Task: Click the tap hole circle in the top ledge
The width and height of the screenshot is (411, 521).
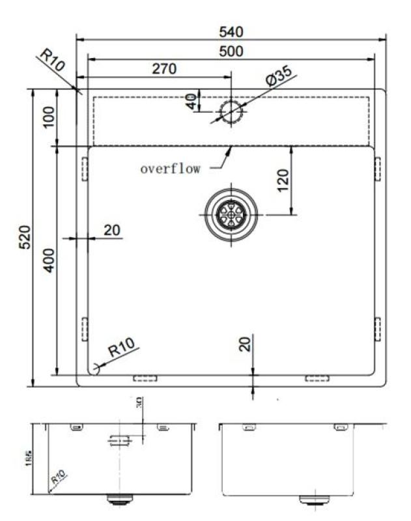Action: click(x=231, y=112)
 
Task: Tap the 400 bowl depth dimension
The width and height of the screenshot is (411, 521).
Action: click(x=48, y=260)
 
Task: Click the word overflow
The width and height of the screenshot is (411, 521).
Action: click(x=170, y=169)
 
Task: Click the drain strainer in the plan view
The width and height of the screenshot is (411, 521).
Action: click(x=231, y=212)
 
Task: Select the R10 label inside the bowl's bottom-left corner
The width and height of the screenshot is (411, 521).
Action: click(x=122, y=348)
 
